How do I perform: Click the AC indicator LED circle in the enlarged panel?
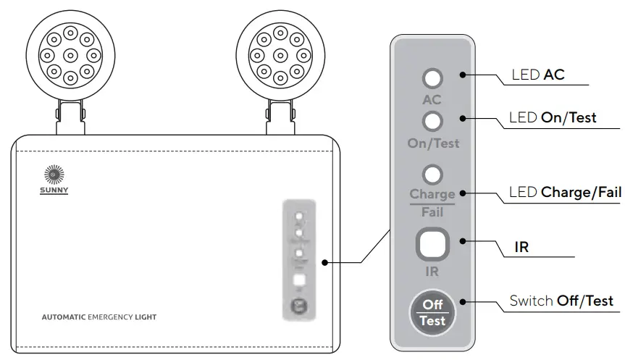tap(432, 79)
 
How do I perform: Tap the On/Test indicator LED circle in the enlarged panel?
tap(432, 120)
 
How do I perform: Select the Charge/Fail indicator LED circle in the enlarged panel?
tap(432, 174)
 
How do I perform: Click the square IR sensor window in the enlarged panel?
tap(432, 246)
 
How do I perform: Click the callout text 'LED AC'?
tap(537, 75)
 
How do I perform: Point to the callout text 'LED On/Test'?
tap(553, 117)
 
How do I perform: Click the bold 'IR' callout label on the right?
tap(521, 247)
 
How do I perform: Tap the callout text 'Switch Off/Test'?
tap(561, 301)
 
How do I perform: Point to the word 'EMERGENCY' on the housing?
tap(110, 317)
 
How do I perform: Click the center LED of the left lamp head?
tap(70, 54)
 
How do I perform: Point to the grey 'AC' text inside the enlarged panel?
tap(432, 99)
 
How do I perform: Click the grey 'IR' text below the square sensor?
tap(432, 272)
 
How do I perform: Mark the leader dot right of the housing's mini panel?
tap(327, 262)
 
